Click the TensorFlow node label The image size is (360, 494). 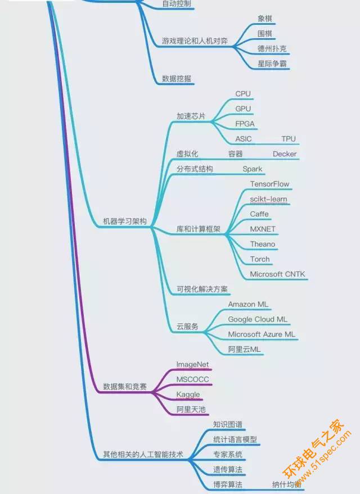tap(269, 184)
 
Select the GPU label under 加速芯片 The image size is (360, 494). tap(243, 108)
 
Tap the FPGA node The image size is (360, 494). tap(245, 124)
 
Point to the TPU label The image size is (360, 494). tap(289, 139)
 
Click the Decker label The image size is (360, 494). tap(285, 154)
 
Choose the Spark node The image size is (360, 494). tap(253, 169)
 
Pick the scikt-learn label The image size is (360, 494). tap(268, 199)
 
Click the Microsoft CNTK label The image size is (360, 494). tap(277, 274)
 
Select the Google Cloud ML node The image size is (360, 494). tap(258, 319)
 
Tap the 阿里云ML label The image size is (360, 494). tap(244, 350)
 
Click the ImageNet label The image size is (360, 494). tap(192, 365)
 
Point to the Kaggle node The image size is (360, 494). tap(188, 395)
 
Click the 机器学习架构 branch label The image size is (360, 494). tap(125, 221)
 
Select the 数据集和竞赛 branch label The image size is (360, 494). tap(125, 387)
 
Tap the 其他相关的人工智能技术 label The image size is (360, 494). tap(143, 454)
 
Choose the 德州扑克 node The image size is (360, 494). tap(272, 48)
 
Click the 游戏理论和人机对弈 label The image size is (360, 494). tap(195, 40)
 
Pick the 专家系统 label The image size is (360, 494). tap(228, 454)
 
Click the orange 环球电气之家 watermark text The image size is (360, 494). tap(313, 447)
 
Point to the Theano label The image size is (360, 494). tap(263, 244)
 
